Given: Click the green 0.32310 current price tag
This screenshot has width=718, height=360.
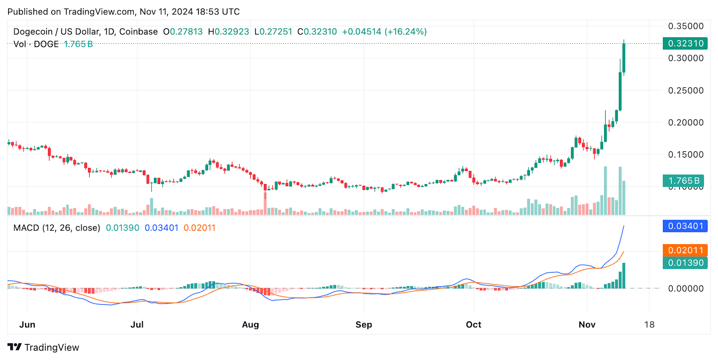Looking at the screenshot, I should tap(685, 44).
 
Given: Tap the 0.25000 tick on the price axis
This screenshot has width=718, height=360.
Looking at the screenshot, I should tap(686, 90).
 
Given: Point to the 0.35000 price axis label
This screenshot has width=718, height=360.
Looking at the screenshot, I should tap(686, 26).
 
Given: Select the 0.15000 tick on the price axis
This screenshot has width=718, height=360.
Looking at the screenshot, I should tap(686, 154).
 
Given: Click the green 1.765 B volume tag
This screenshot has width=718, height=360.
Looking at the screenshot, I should tap(683, 181).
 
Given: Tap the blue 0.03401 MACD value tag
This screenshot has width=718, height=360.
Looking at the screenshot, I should tap(685, 226).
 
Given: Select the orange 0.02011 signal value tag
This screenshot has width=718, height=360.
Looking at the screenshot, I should tap(685, 250).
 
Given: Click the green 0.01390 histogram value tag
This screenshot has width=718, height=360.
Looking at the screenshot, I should tap(685, 263).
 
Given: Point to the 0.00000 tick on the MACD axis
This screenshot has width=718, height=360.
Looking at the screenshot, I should tap(686, 289).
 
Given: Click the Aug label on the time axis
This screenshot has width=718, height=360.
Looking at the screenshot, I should tap(250, 325).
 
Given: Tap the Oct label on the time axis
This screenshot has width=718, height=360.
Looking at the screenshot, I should tap(473, 325).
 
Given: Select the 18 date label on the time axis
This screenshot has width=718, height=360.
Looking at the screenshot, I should tap(649, 325).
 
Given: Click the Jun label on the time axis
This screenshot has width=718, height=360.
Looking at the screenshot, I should tap(27, 325).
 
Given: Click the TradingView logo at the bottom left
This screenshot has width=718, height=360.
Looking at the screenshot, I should tap(43, 347).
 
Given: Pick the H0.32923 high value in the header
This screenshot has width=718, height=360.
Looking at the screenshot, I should tap(228, 32).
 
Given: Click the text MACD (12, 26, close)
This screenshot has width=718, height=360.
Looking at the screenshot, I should tap(57, 228).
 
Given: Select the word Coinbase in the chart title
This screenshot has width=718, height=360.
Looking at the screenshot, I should tap(138, 32).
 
